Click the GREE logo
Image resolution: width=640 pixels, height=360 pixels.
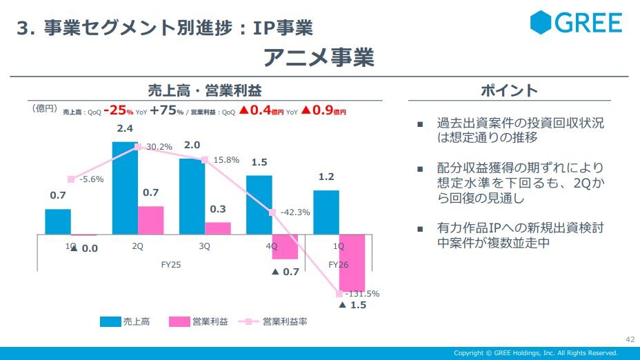click(576, 23)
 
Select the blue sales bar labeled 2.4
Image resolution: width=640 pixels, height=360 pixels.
click(125, 188)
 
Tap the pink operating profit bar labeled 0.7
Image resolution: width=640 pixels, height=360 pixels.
click(151, 220)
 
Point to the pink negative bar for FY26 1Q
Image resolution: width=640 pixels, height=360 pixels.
click(352, 263)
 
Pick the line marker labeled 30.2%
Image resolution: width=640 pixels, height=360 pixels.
click(138, 147)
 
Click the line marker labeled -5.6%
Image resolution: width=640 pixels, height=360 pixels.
click(71, 179)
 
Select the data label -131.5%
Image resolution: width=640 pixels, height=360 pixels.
click(361, 293)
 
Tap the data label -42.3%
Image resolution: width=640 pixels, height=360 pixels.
click(294, 212)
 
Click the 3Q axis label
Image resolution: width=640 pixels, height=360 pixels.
click(205, 246)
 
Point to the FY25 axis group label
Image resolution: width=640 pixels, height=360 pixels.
click(170, 264)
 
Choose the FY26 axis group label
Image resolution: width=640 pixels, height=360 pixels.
click(339, 264)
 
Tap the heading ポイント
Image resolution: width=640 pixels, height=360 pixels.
click(509, 90)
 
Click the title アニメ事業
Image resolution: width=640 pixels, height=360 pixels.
click(319, 58)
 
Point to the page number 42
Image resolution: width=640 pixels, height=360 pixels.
click(630, 339)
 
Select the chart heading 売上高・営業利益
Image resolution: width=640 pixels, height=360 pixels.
click(205, 90)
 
